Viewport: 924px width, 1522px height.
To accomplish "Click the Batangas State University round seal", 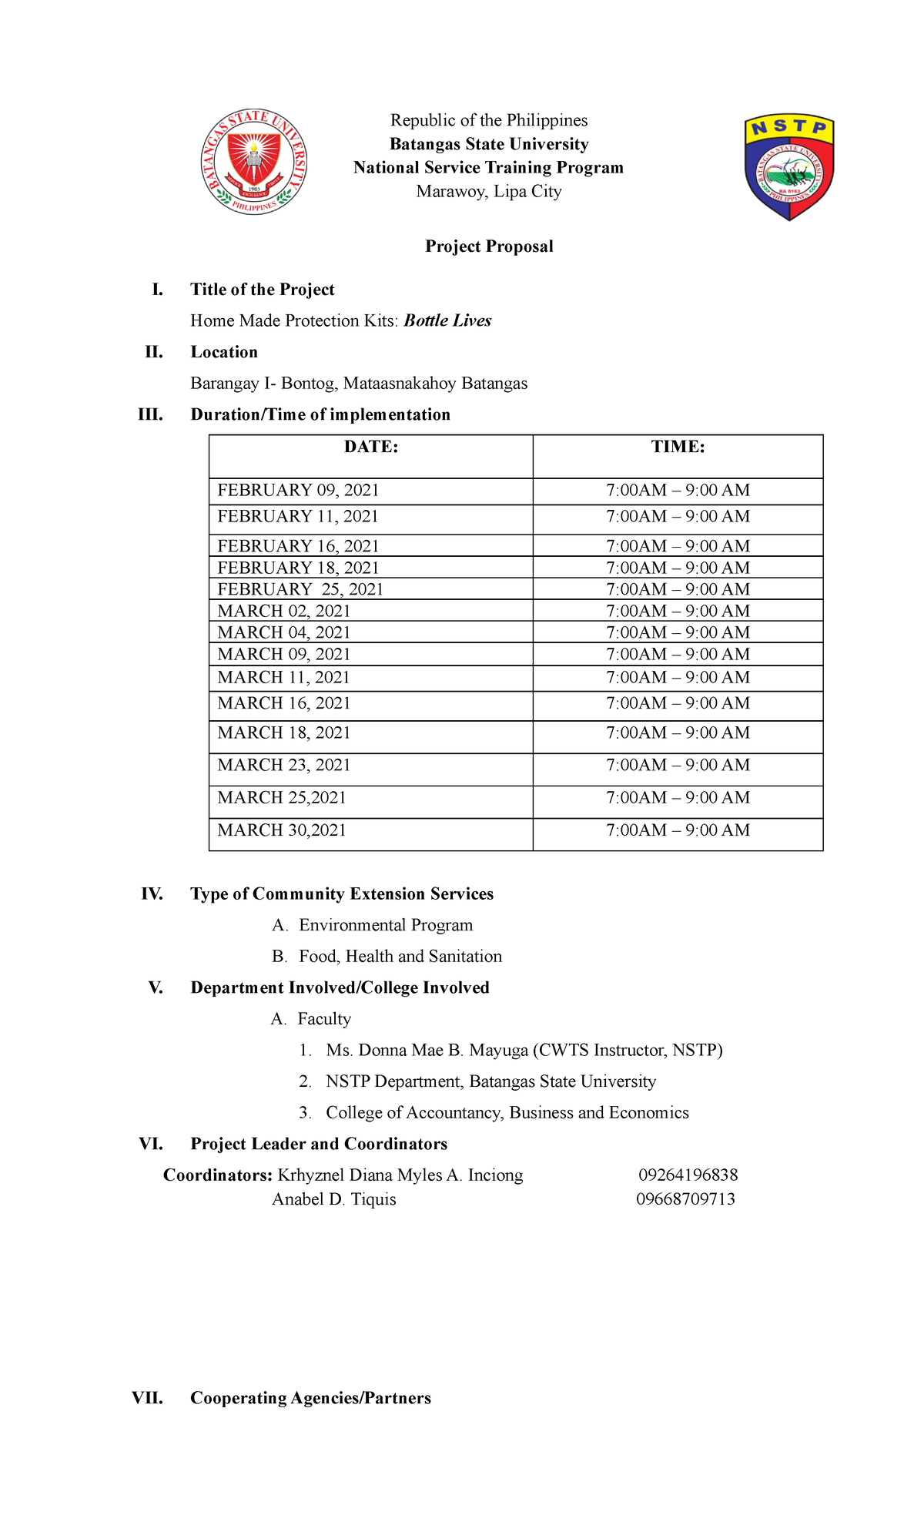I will pyautogui.click(x=254, y=163).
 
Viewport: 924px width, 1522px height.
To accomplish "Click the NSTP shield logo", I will pyautogui.click(x=789, y=167).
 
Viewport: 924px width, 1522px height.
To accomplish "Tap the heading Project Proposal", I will pyautogui.click(x=489, y=246).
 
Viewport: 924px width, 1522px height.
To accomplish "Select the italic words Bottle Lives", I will pyautogui.click(x=447, y=320).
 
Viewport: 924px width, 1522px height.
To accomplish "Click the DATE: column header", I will pyautogui.click(x=370, y=448).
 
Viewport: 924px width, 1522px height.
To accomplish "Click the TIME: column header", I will pyautogui.click(x=678, y=448).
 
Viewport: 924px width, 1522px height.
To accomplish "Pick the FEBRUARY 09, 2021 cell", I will pyautogui.click(x=298, y=491).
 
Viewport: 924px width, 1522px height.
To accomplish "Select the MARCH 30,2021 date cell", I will pyautogui.click(x=282, y=830).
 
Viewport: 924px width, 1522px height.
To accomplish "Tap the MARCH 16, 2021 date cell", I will pyautogui.click(x=283, y=703).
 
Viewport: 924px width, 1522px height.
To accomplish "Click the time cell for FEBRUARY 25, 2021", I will pyautogui.click(x=678, y=589).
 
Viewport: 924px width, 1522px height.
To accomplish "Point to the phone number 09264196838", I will pyautogui.click(x=688, y=1175).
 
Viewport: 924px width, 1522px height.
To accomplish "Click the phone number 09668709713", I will pyautogui.click(x=685, y=1199).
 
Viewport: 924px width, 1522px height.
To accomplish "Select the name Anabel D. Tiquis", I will pyautogui.click(x=333, y=1199).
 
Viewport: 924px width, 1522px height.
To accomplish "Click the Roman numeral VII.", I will pyautogui.click(x=147, y=1398).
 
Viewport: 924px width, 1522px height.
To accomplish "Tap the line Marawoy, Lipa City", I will pyautogui.click(x=489, y=192).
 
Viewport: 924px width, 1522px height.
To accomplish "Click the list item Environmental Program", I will pyautogui.click(x=386, y=925).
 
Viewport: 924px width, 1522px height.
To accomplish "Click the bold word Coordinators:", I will pyautogui.click(x=218, y=1175).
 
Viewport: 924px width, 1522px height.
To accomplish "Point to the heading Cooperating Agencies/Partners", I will pyautogui.click(x=310, y=1398).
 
